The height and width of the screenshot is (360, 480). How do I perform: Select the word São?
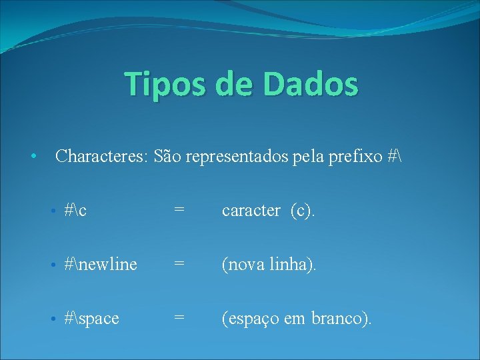168,157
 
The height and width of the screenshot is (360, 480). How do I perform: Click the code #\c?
76,211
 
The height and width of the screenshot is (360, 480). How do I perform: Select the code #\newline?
101,265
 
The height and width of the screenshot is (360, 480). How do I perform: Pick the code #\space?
92,319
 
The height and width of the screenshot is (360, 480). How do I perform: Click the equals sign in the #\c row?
179,211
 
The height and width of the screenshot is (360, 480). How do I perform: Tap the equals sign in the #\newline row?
179,265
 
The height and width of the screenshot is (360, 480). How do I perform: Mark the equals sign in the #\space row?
179,319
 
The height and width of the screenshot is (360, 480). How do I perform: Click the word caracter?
251,211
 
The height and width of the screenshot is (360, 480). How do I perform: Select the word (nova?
245,265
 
